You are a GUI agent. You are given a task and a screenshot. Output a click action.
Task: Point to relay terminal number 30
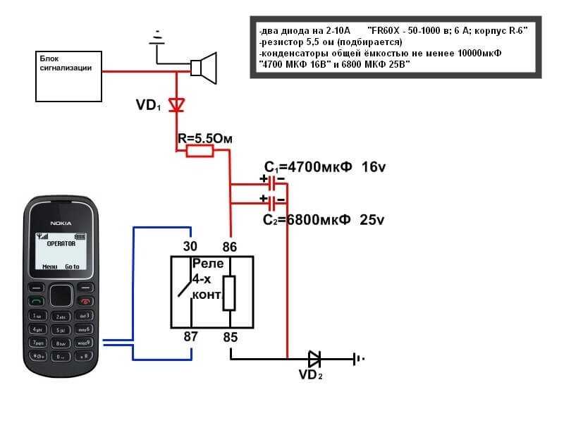(x=190, y=246)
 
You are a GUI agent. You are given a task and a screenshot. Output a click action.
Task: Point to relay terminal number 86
(x=230, y=246)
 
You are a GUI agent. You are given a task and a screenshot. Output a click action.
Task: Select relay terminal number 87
(x=190, y=337)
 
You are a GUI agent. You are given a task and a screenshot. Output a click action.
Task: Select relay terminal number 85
(x=230, y=337)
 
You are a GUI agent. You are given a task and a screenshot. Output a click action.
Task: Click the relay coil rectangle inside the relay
(x=228, y=293)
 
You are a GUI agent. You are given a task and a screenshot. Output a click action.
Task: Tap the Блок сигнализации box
(x=68, y=75)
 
